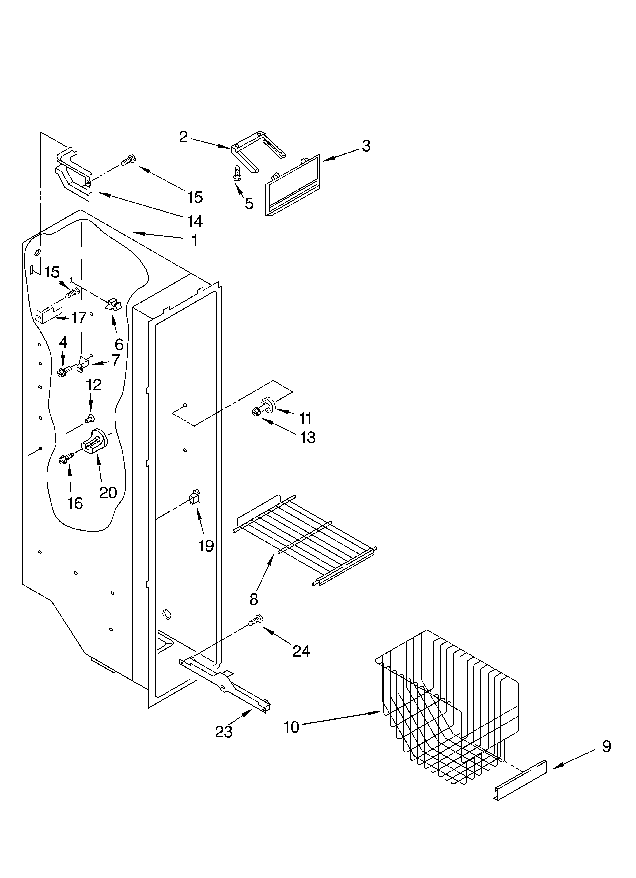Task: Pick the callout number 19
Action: (206, 546)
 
